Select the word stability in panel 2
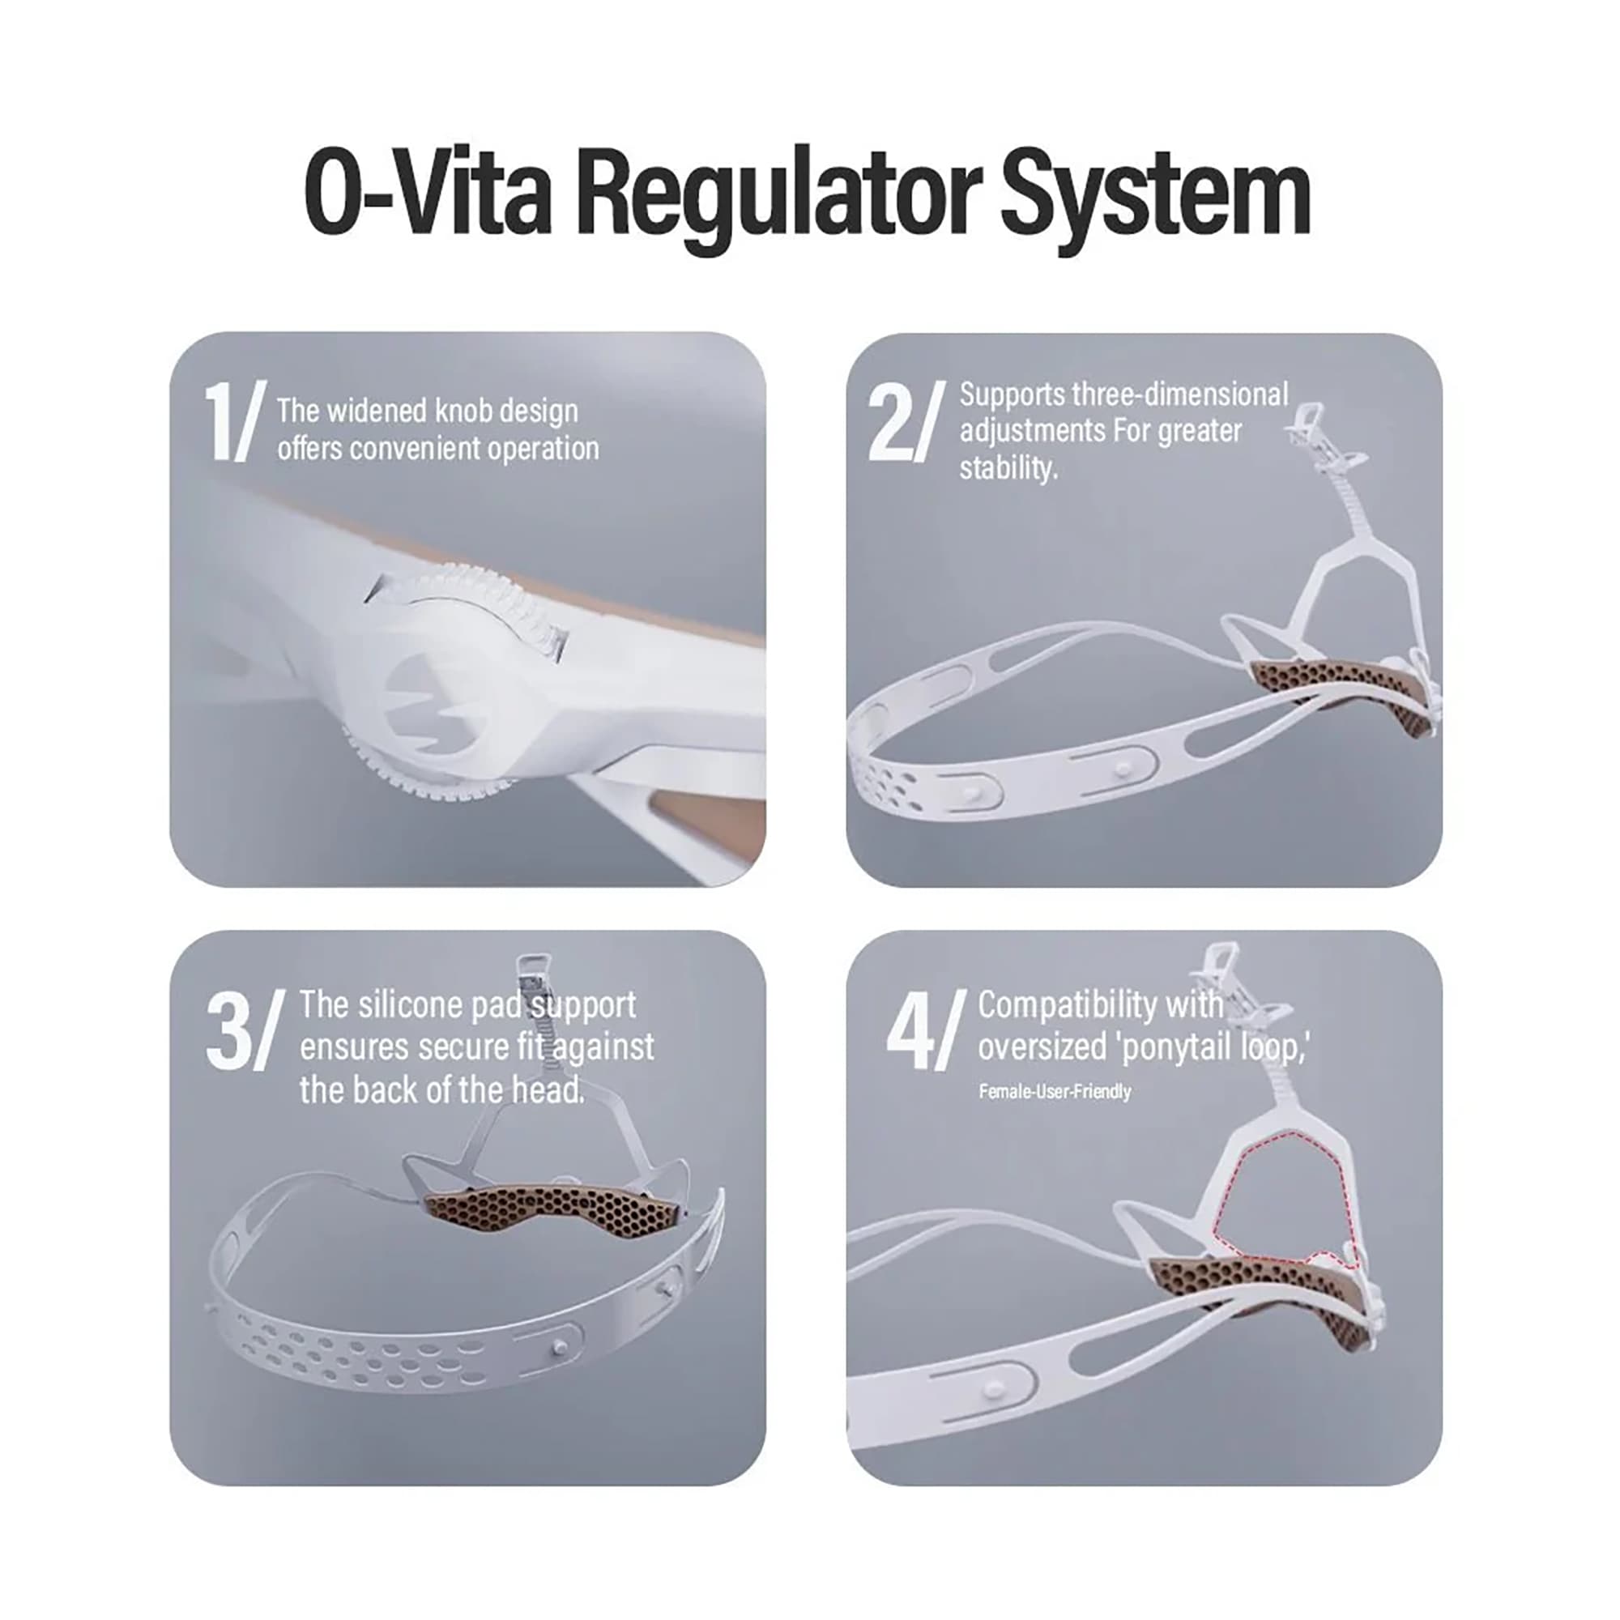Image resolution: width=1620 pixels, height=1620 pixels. click(x=1008, y=469)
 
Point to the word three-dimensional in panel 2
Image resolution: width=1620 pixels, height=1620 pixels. click(x=1180, y=394)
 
